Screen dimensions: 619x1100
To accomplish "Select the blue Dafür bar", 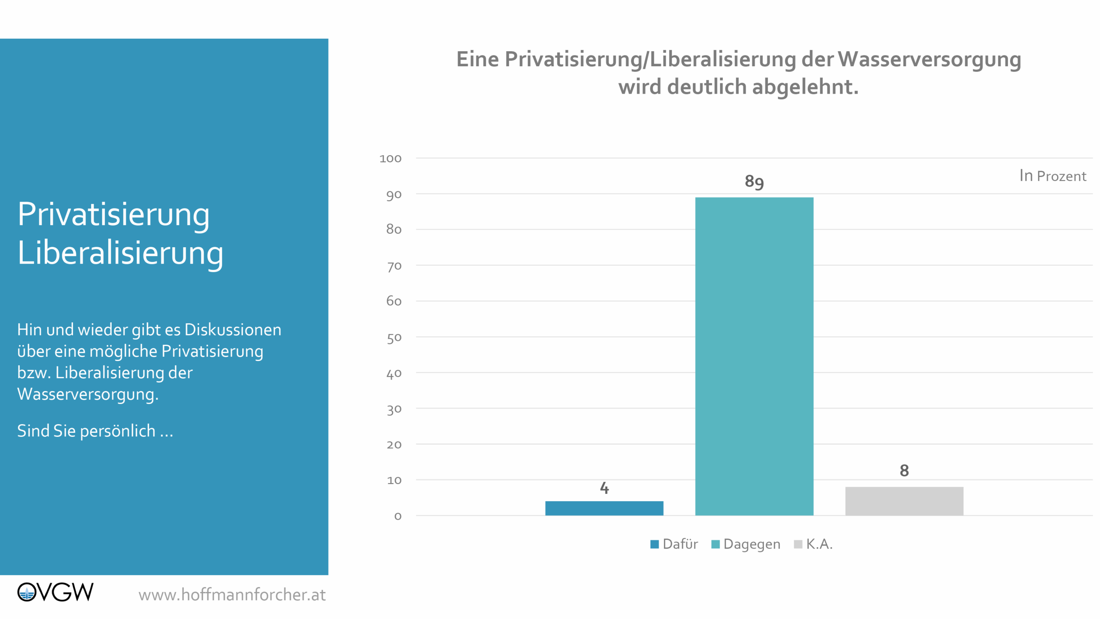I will click(604, 508).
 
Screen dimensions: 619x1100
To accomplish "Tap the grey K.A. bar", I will click(904, 501).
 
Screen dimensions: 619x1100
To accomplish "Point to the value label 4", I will click(604, 488).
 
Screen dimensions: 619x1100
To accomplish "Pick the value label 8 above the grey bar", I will click(904, 470).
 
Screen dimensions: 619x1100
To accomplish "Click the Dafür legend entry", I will click(674, 544).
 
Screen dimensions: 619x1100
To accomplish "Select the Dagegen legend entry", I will click(746, 544).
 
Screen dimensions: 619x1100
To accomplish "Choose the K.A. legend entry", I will click(813, 544).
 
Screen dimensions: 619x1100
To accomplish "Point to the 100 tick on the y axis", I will click(390, 159).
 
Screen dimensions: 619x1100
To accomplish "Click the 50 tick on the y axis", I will click(394, 338).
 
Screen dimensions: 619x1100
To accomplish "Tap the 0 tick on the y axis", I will click(398, 516).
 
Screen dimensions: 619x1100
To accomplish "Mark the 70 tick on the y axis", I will click(394, 266).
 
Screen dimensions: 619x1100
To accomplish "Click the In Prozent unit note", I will click(1052, 176).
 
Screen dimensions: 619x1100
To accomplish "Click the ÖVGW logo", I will click(55, 592).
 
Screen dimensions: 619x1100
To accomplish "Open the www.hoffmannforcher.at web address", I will click(232, 595).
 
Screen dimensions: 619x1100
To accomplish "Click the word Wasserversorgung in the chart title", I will click(929, 59).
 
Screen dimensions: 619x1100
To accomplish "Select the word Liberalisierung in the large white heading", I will click(120, 253).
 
